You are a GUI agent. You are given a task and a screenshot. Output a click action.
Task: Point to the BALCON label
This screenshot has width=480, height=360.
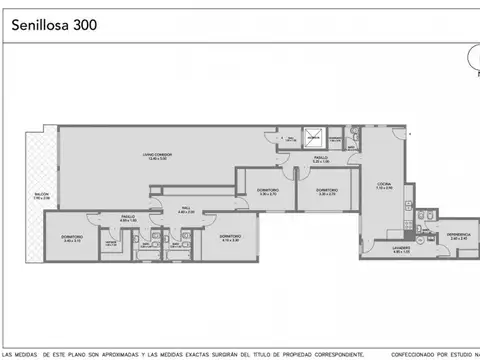(x=41, y=196)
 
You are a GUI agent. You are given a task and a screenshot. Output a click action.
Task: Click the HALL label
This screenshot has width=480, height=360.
(x=185, y=208)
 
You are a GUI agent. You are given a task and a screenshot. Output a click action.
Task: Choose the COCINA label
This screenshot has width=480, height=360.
(x=384, y=184)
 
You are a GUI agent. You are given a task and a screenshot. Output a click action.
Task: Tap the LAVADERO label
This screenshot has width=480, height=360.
(x=401, y=248)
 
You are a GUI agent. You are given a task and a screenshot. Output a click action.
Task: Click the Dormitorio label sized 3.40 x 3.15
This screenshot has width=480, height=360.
(x=70, y=237)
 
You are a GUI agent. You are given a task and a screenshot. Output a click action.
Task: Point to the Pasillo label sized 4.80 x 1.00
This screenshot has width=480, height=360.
(x=128, y=216)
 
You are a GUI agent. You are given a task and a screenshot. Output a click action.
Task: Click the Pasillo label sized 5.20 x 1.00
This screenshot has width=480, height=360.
(x=320, y=157)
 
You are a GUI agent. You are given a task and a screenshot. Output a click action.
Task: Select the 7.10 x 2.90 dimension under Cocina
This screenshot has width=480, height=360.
(x=384, y=189)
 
